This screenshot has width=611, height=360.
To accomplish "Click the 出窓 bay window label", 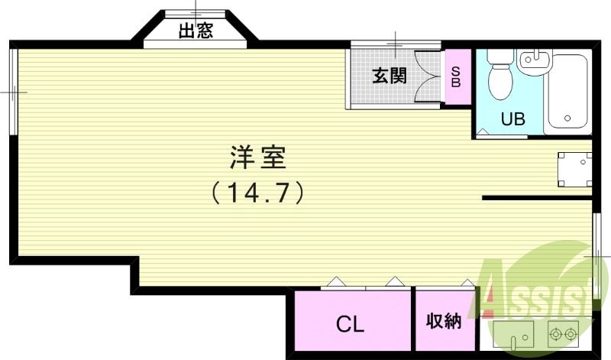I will click(196, 31).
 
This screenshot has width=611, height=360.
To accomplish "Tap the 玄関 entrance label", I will click(389, 76).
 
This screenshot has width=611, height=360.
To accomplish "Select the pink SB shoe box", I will click(456, 76).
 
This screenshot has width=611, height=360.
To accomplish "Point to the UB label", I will click(512, 118).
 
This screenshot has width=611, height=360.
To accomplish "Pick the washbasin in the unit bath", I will click(533, 61).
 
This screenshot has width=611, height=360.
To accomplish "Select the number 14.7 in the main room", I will click(257, 192).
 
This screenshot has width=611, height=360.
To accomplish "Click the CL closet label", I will click(351, 323).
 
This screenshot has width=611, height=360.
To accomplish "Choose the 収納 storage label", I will click(444, 321).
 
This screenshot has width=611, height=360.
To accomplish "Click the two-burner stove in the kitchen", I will click(565, 334).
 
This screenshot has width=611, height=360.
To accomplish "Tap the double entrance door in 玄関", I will click(428, 76).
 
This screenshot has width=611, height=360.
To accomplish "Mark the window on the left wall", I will click(13, 92).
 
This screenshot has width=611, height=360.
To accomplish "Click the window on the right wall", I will click(596, 256).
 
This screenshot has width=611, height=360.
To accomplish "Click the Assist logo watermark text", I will click(538, 294).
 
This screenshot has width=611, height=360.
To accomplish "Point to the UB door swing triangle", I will click(483, 133).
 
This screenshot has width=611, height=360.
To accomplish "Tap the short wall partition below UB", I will click(537, 199).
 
